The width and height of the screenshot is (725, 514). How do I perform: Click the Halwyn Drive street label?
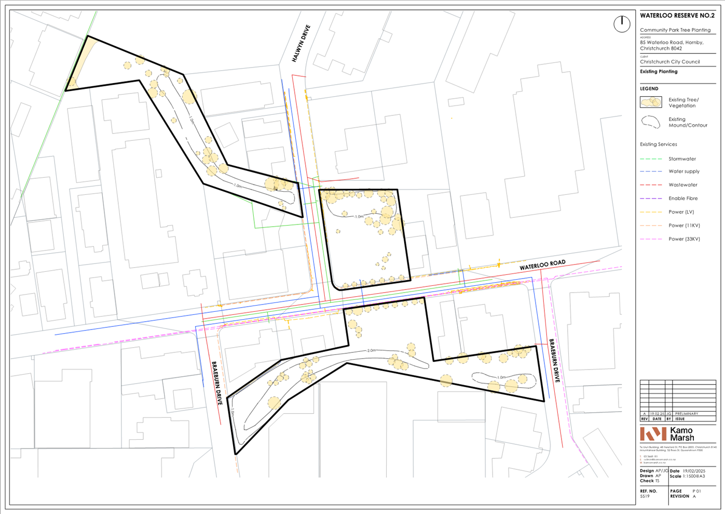(301, 44)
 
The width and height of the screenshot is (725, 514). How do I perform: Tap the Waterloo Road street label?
(542, 265)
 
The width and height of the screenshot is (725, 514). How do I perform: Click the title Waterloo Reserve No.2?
(677, 16)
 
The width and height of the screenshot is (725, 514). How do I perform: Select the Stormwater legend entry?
(682, 159)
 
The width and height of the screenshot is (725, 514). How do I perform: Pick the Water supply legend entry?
(683, 172)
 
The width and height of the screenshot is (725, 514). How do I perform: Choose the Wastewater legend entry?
(682, 185)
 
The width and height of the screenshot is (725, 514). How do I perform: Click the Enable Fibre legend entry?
(682, 199)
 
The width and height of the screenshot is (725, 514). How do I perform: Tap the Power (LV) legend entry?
(681, 212)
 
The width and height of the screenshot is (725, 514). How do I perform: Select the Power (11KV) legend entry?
(684, 226)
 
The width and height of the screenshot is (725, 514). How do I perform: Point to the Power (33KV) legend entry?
(684, 239)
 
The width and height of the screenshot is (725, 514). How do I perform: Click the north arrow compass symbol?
(622, 24)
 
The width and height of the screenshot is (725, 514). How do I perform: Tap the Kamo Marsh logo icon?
(653, 434)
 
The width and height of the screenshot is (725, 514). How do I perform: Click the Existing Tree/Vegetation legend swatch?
(651, 102)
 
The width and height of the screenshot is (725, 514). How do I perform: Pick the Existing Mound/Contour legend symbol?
(651, 122)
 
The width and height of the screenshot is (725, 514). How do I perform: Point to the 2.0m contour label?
(371, 351)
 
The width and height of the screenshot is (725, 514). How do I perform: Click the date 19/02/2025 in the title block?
(695, 471)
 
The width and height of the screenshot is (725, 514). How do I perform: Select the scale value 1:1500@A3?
(693, 476)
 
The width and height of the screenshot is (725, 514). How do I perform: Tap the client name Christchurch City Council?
(669, 62)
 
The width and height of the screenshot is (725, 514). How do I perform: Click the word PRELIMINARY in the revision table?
(687, 414)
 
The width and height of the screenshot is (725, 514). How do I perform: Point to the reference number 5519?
(645, 496)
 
